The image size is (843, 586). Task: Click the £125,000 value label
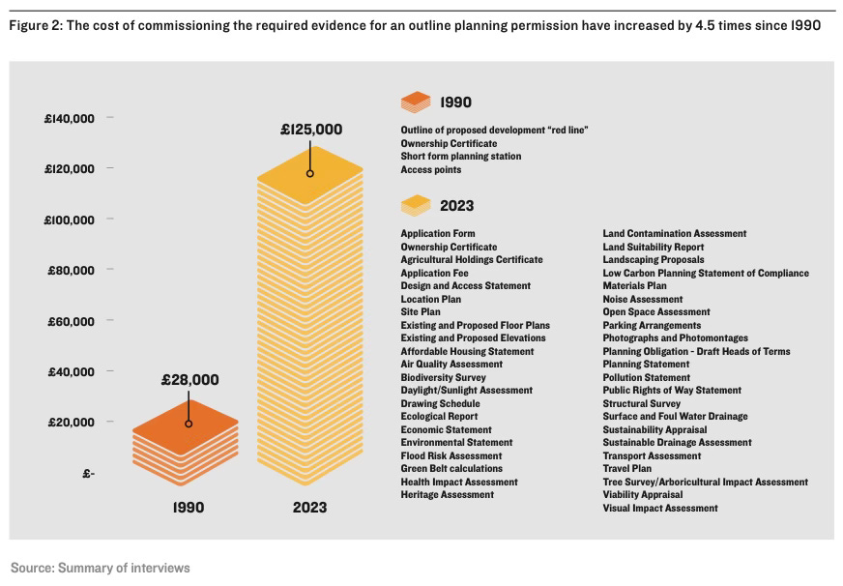[x=311, y=129]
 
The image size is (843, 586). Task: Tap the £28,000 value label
[x=189, y=380]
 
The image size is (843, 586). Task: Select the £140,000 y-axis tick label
[x=70, y=119]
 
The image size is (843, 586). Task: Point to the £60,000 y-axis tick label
[x=72, y=321]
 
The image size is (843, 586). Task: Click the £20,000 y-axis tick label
[x=72, y=423]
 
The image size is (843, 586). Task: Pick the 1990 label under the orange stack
[x=189, y=507]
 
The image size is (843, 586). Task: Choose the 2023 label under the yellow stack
[x=310, y=507]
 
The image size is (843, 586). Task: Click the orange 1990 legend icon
[x=416, y=101]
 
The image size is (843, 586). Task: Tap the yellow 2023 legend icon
[x=416, y=205]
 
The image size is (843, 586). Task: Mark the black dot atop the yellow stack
[x=310, y=174]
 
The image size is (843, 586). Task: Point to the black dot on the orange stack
[x=189, y=424]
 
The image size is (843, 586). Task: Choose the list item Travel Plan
[x=627, y=469]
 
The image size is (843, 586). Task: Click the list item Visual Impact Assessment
[x=660, y=508]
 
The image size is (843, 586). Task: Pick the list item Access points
[x=431, y=169]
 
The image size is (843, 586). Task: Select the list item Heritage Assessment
[x=447, y=495]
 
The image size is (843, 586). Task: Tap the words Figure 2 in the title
[x=34, y=25]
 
